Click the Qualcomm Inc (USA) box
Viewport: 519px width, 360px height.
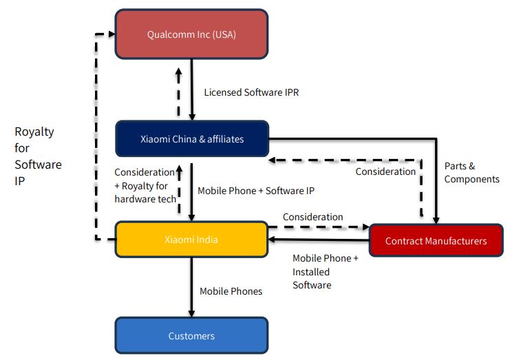point(191,34)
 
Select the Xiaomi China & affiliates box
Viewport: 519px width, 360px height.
point(191,139)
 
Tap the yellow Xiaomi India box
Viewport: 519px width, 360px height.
point(191,240)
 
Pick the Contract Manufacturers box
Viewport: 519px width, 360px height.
point(436,241)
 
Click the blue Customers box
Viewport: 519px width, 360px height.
point(191,336)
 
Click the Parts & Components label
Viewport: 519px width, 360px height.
point(472,173)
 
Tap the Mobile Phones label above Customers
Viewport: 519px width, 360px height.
point(231,291)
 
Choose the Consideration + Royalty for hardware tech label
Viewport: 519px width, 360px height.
point(145,185)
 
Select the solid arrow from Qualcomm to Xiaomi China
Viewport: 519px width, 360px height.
point(192,90)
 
